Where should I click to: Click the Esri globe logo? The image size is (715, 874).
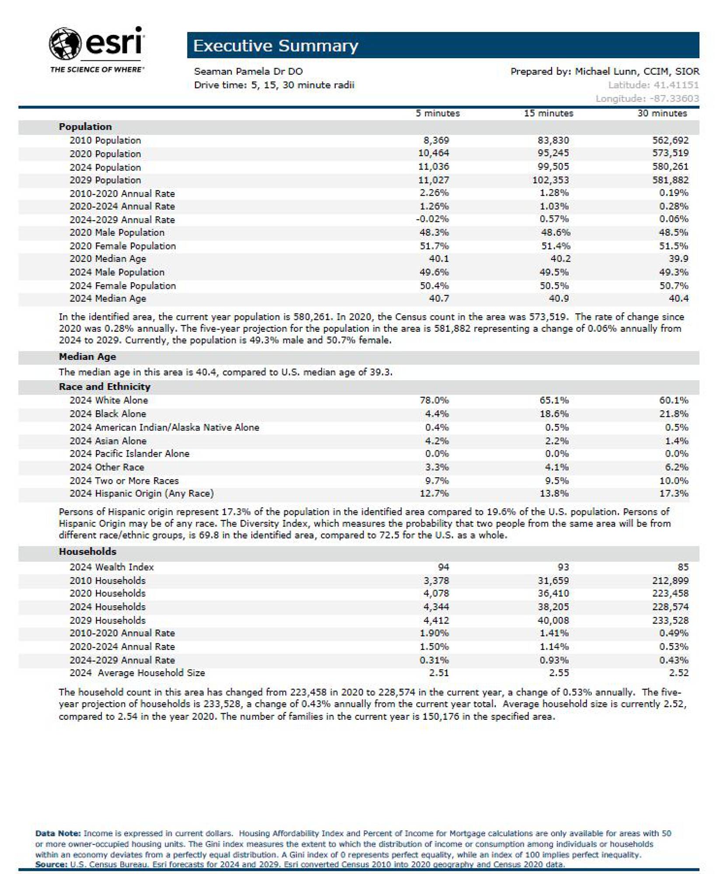point(65,43)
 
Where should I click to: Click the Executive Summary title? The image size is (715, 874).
point(275,46)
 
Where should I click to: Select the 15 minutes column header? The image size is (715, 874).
point(548,114)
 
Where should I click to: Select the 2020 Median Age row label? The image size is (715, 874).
point(108,259)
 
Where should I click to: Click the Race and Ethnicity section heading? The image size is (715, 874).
point(104,387)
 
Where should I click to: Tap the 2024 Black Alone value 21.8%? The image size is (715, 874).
point(673,414)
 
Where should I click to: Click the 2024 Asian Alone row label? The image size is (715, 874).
point(108,441)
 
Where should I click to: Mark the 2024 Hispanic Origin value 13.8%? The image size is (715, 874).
point(554,494)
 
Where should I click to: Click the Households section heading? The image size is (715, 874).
point(87,551)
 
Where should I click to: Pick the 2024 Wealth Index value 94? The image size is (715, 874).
point(443,567)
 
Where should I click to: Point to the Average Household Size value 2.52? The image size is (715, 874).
point(678,673)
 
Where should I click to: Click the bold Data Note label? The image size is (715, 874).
point(58,834)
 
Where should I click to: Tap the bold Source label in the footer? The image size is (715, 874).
point(51,864)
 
